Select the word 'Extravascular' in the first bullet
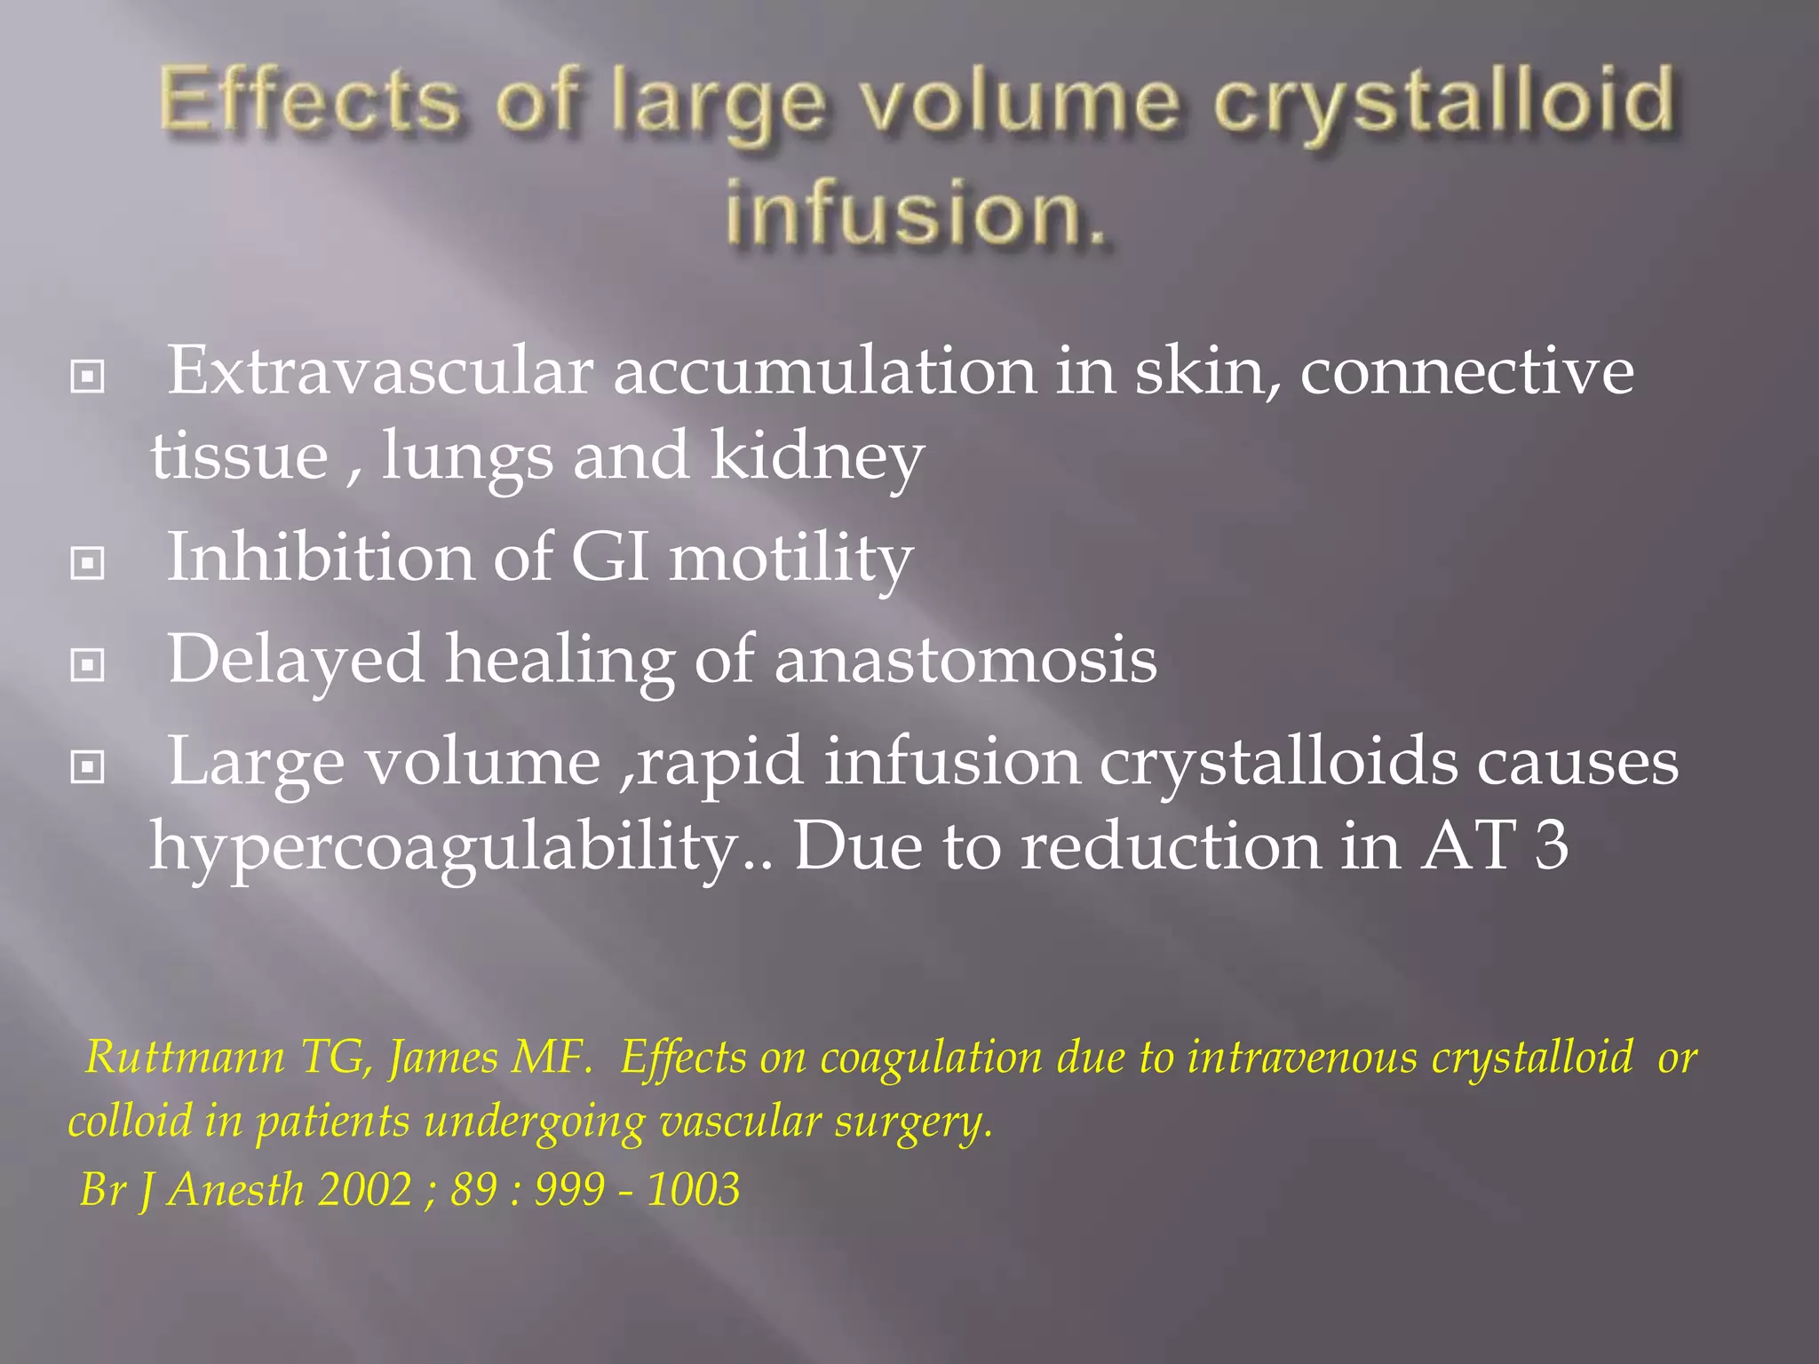click(x=380, y=371)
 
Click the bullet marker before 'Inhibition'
click(x=87, y=563)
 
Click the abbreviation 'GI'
click(x=609, y=559)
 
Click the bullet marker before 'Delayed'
click(x=87, y=665)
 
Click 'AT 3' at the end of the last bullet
click(x=1494, y=845)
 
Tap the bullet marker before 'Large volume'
click(x=87, y=766)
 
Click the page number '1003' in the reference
click(x=693, y=1189)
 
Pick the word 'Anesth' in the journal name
click(x=236, y=1189)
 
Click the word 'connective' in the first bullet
click(x=1466, y=371)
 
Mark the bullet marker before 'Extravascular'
click(x=87, y=377)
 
